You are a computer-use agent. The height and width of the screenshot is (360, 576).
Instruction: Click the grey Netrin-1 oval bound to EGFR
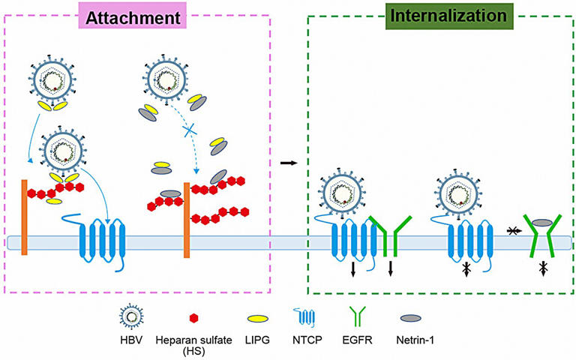coord(542,223)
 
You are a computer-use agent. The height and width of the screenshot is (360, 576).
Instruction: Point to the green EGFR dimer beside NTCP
coord(391,233)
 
